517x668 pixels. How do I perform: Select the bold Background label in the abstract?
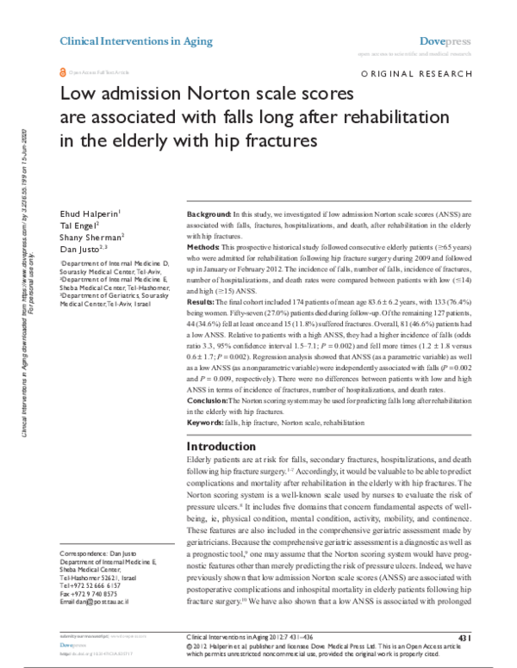[208, 212]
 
